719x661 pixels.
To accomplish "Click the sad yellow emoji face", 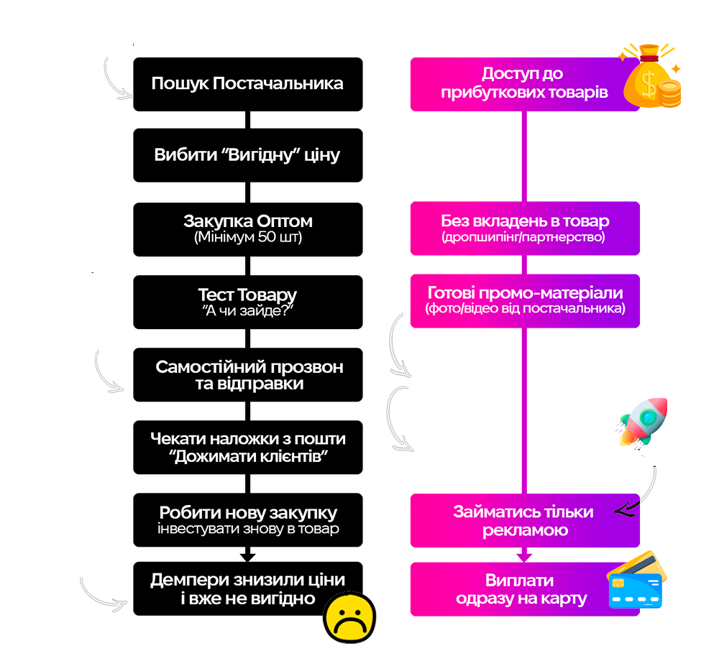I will pos(349,616).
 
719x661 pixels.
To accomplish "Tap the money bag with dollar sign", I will pos(650,76).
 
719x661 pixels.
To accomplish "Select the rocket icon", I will pos(641,425).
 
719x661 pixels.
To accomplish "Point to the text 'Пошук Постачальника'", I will pos(247,83).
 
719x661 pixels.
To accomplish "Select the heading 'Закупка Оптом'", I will pos(248,221).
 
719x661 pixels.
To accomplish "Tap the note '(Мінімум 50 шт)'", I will pos(248,237).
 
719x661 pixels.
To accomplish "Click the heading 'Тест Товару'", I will pos(247,295).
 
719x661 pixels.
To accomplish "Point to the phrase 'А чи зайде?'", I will pos(247,311).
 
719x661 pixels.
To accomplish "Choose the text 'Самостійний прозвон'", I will pos(249,367).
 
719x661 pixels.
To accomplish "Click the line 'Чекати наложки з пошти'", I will pos(248,439).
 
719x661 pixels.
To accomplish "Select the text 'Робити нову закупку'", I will pos(248,513).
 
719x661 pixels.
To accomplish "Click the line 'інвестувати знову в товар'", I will pos(248,530).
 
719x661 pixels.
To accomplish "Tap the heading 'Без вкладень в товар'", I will pos(525,221).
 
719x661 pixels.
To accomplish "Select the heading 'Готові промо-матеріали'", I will pos(525,293).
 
